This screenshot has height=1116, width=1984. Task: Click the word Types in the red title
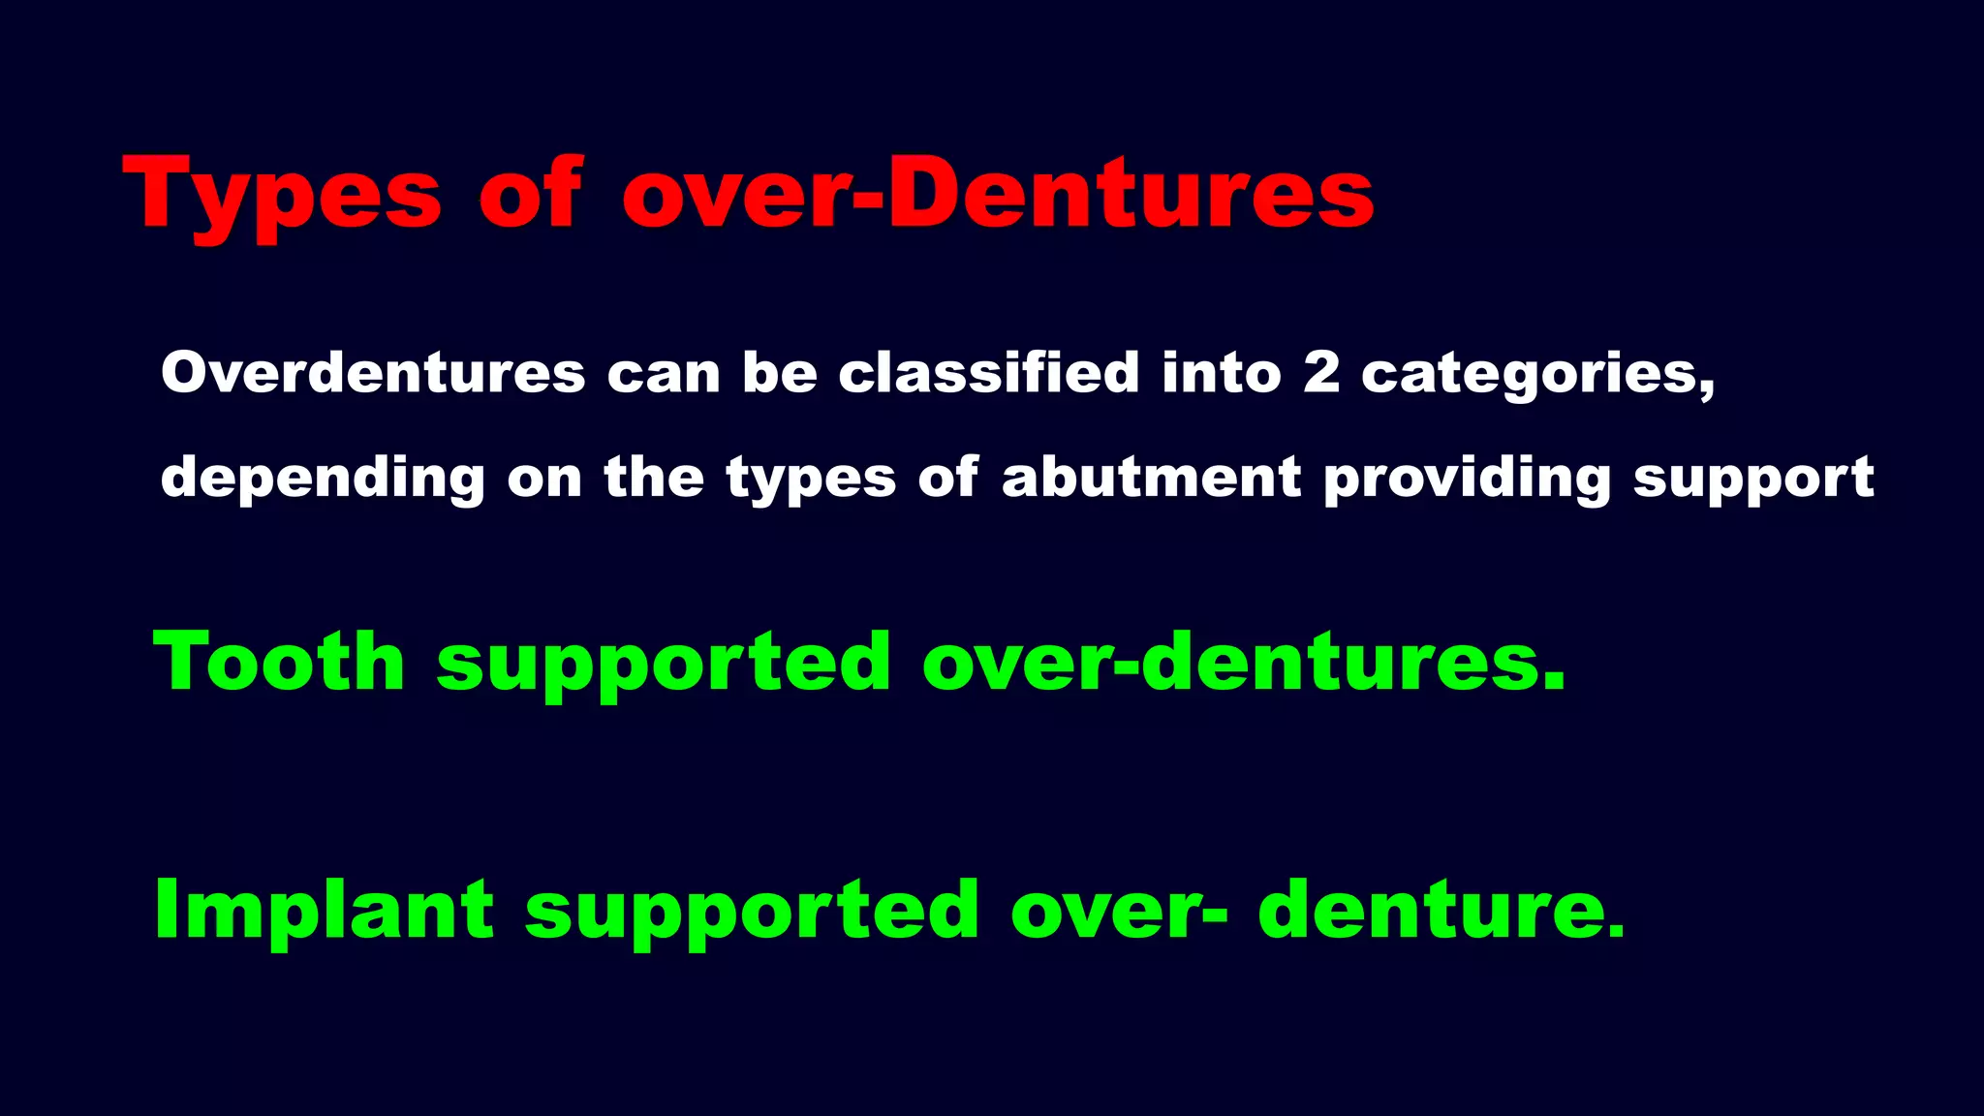click(x=282, y=195)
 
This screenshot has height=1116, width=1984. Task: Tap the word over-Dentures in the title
click(x=998, y=193)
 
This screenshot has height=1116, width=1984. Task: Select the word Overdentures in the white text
click(x=373, y=373)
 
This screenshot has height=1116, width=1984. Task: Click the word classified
click(x=989, y=373)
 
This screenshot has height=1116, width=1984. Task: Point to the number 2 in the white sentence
click(x=1321, y=373)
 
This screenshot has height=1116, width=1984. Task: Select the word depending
click(x=322, y=479)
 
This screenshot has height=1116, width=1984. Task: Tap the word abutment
click(x=1151, y=477)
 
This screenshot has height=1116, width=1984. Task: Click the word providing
click(x=1467, y=479)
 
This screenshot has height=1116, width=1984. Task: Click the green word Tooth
click(x=279, y=662)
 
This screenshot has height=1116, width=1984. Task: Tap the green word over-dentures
click(x=1243, y=662)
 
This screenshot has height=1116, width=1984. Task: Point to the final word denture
click(x=1441, y=910)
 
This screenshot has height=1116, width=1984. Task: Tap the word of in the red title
click(x=531, y=193)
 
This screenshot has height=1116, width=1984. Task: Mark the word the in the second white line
click(x=654, y=477)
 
